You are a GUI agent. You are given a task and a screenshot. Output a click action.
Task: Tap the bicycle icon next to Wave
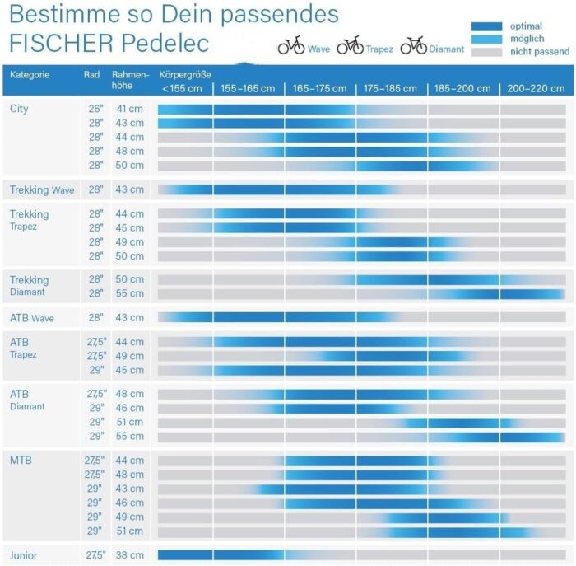pos(291,46)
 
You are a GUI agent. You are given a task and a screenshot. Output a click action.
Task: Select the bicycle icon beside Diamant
pos(413,46)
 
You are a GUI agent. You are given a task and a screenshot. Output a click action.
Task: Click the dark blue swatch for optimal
pos(486,26)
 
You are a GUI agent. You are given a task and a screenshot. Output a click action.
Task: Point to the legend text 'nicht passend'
pos(540,52)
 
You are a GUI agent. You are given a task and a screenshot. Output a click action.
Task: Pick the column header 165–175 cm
pos(319,89)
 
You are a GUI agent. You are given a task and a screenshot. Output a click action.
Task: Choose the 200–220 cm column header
pos(535,89)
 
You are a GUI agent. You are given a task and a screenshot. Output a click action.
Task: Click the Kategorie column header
pos(30,75)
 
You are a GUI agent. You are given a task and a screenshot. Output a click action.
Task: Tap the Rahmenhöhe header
pos(130,80)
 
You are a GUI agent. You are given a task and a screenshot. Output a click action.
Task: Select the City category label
pos(19,109)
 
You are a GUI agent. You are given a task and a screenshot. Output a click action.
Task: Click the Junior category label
pos(24,555)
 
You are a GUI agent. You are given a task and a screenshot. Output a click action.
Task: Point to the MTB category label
pos(21,460)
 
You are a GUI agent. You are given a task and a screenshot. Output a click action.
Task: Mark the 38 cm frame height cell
pos(130,555)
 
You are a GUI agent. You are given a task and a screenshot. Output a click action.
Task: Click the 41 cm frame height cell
pos(130,109)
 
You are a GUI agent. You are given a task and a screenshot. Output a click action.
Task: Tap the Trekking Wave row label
pos(42,190)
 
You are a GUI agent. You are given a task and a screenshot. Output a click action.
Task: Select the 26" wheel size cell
pos(95,109)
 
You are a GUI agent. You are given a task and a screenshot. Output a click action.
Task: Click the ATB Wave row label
pos(31,318)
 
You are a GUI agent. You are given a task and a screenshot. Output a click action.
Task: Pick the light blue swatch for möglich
pos(486,39)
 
